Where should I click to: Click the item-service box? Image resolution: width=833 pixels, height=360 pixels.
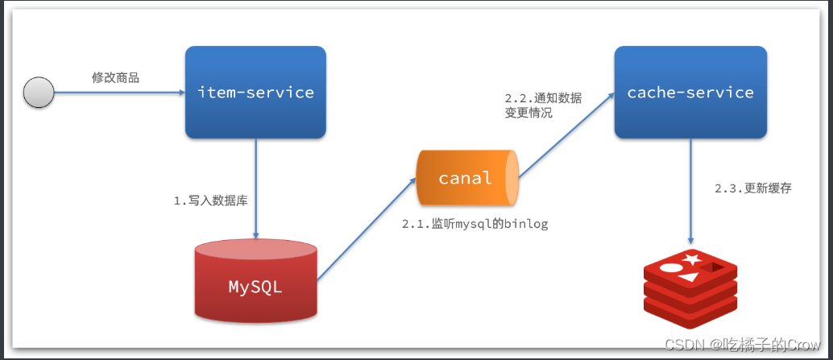tap(255, 92)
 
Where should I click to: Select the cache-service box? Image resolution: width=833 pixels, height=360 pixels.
tap(690, 92)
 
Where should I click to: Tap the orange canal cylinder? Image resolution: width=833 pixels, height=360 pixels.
tap(466, 177)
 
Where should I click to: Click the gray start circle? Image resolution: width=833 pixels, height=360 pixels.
tap(39, 93)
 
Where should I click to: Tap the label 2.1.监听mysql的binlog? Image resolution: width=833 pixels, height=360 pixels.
tap(475, 224)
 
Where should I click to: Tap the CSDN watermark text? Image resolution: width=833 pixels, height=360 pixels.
tap(741, 344)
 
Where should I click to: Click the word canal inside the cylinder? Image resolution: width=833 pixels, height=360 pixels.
tap(465, 178)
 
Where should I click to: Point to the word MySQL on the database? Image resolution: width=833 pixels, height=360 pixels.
tap(255, 286)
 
